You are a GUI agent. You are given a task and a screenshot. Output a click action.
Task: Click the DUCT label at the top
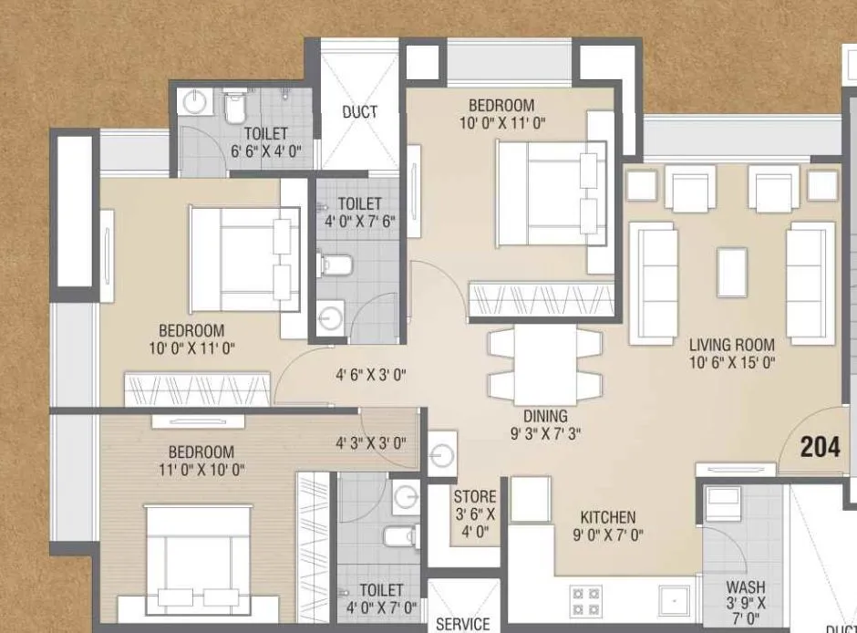coord(360,112)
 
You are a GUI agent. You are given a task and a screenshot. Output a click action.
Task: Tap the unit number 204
coord(820,447)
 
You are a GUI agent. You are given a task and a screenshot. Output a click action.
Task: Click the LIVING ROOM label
coord(731,345)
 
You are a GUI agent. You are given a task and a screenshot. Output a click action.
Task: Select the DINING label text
coord(545,416)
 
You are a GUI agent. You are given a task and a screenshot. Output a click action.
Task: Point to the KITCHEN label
coord(607,517)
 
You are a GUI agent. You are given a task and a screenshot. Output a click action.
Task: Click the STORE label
coord(475,497)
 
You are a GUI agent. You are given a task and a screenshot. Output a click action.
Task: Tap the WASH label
coord(746,588)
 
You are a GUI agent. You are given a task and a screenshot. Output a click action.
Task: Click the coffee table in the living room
coord(731,272)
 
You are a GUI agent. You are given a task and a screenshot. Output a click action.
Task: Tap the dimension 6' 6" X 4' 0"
coord(265,150)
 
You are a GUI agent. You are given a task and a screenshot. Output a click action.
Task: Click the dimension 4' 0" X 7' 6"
coord(359,222)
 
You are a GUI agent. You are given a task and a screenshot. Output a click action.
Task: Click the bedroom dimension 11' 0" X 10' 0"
coord(201,470)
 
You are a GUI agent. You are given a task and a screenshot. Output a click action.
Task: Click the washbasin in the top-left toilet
coord(194,102)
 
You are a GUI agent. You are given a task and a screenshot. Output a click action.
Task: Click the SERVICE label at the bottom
coord(462,624)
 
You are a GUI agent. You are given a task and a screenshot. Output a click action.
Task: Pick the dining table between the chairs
coord(545,363)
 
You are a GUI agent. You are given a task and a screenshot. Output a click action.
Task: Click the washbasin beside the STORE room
coord(442,452)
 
